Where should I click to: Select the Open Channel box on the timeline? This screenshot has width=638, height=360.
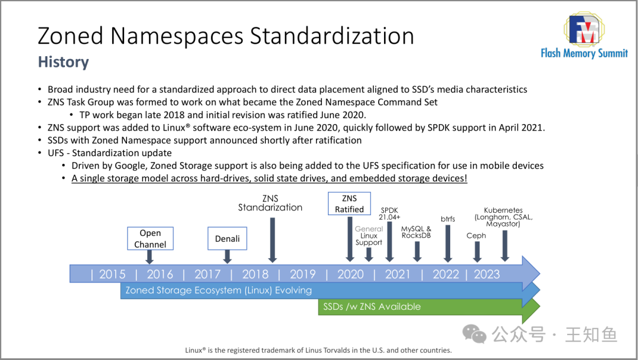[x=150, y=239]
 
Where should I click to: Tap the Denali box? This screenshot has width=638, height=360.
[x=227, y=239]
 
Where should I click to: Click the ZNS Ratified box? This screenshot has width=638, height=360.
[x=349, y=203]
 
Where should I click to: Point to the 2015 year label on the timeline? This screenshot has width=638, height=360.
[x=112, y=274]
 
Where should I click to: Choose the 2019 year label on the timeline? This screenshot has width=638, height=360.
[x=302, y=274]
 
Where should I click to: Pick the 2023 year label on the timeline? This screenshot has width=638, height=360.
[x=487, y=274]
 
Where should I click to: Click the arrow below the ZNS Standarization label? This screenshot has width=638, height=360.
[x=272, y=240]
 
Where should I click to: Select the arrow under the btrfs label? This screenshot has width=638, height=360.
[x=448, y=244]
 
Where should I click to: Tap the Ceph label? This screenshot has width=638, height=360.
[x=476, y=235]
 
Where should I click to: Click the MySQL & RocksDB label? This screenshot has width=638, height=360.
[x=416, y=232]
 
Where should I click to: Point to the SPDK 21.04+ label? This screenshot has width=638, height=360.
[x=389, y=214]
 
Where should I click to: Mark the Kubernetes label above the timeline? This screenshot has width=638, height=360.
[x=503, y=217]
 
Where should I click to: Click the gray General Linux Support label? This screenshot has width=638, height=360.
[x=369, y=236]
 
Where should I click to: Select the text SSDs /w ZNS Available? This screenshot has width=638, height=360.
[x=372, y=307]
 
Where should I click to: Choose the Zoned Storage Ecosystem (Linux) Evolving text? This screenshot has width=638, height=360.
[x=219, y=290]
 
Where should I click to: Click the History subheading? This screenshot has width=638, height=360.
[x=63, y=62]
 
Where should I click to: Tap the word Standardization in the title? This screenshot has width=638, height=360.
[x=332, y=36]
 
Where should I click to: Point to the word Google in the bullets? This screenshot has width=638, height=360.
[x=130, y=166]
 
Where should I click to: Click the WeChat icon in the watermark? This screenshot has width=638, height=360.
[x=474, y=335]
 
